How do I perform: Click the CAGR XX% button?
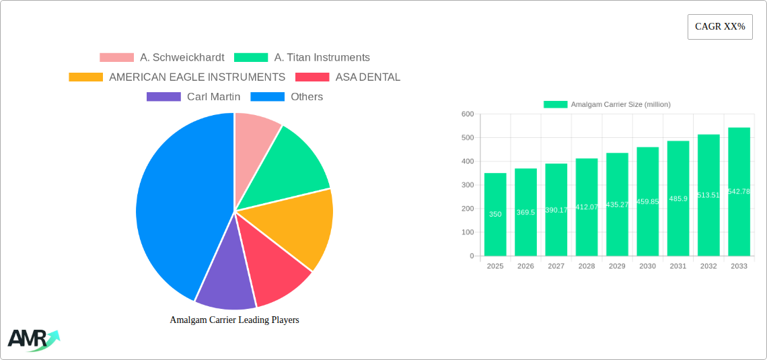pyautogui.click(x=720, y=27)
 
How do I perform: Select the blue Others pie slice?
pyautogui.click(x=175, y=202)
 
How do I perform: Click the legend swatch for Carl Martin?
pyautogui.click(x=163, y=97)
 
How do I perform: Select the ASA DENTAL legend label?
pyautogui.click(x=367, y=77)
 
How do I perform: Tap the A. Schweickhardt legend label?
pyautogui.click(x=182, y=58)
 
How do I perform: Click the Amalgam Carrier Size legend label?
pyautogui.click(x=620, y=104)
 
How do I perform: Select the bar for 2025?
pyautogui.click(x=495, y=215)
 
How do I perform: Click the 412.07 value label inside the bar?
pyautogui.click(x=587, y=207)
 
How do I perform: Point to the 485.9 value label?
pyautogui.click(x=678, y=199)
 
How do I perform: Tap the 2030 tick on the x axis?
pyautogui.click(x=647, y=266)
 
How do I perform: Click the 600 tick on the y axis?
pyautogui.click(x=468, y=114)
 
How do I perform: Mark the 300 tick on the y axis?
pyautogui.click(x=468, y=185)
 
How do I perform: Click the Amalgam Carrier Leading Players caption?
pyautogui.click(x=234, y=320)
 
